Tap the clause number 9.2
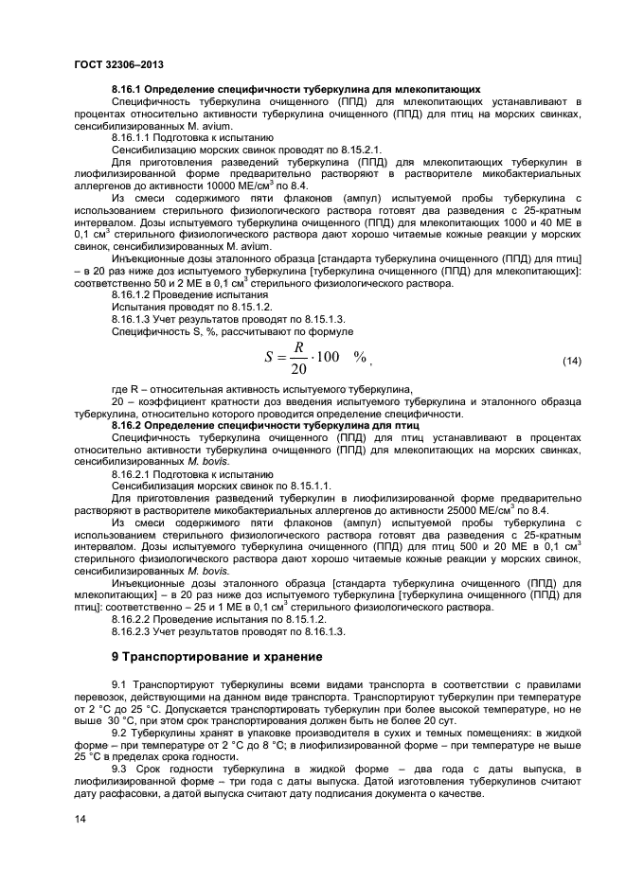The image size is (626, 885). [x=121, y=733]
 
